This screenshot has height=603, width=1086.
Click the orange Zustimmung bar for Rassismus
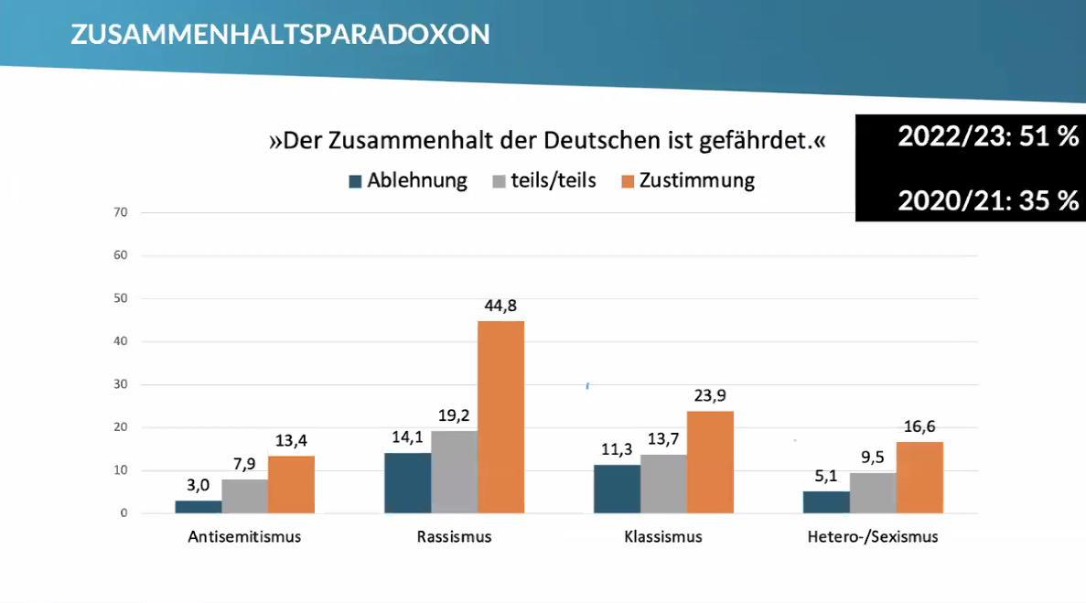tap(500, 416)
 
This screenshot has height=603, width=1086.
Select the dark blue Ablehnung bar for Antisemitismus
tap(198, 506)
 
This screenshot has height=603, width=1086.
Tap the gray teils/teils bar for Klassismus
tap(663, 483)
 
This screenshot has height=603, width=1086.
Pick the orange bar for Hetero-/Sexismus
tap(919, 477)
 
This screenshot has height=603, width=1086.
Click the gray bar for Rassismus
tap(455, 471)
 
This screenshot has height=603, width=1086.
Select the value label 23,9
tap(710, 396)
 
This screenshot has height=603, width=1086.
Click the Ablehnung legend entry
tap(407, 180)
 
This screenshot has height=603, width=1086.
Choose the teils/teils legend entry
tap(544, 180)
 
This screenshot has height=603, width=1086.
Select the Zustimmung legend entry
tap(687, 180)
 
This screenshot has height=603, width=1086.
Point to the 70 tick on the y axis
tap(121, 212)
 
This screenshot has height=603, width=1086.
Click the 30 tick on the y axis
tap(121, 384)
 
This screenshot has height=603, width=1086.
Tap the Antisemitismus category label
tap(244, 537)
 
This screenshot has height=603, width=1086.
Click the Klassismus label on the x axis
tap(663, 537)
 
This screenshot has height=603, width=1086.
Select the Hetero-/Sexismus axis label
tap(873, 537)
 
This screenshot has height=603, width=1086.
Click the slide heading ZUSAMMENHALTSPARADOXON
tap(280, 34)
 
